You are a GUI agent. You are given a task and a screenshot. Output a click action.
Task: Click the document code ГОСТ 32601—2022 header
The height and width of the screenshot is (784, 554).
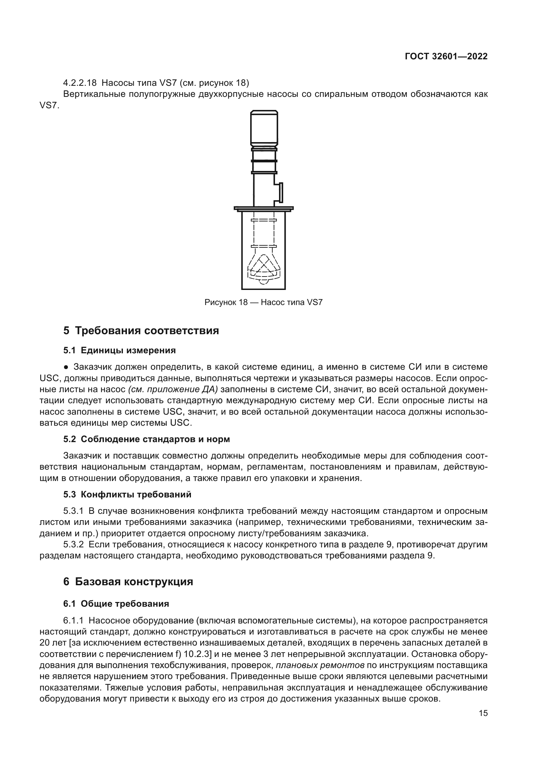(446, 57)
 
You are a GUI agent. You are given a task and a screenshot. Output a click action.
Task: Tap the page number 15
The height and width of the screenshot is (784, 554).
(483, 713)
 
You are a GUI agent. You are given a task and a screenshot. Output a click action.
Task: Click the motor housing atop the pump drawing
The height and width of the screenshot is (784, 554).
(264, 128)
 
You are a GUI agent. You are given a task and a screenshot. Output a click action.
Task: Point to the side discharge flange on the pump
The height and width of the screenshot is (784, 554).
(281, 192)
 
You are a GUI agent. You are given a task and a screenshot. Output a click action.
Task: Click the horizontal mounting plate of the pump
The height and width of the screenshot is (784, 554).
(263, 208)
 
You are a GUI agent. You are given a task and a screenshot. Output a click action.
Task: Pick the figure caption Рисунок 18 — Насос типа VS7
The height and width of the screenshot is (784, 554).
(263, 302)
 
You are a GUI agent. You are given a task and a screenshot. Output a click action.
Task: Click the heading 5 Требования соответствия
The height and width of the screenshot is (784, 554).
(141, 330)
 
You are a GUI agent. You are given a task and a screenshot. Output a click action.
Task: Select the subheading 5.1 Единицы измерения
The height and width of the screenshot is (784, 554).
(119, 350)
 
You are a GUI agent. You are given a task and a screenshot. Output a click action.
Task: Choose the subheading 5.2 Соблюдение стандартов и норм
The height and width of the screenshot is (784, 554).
(146, 439)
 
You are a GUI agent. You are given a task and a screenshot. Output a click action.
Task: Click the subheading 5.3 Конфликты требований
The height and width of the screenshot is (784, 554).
(127, 494)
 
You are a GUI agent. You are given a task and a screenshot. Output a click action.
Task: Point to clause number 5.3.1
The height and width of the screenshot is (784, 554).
(73, 511)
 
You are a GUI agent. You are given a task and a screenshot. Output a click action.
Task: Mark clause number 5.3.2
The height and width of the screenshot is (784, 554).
(73, 544)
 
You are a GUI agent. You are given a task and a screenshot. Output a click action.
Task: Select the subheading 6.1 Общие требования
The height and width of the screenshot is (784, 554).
(116, 604)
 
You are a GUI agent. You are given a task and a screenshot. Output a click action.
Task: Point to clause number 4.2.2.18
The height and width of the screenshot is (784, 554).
(80, 83)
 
